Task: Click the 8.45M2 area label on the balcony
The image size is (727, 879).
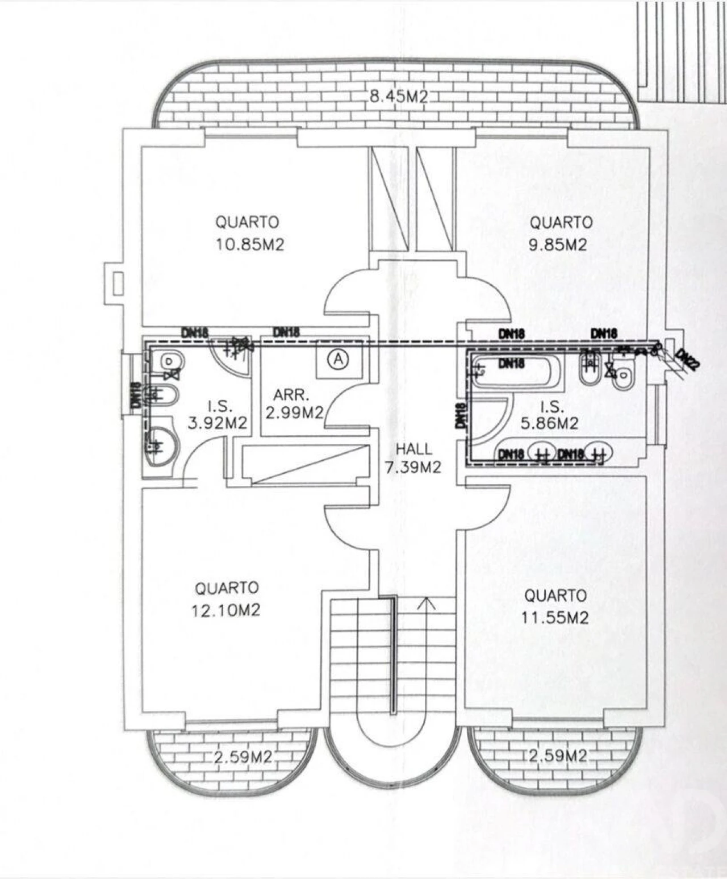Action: click(398, 97)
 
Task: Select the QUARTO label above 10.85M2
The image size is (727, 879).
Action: click(247, 222)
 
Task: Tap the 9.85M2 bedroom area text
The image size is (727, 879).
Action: click(558, 244)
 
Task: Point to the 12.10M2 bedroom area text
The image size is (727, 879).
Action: click(226, 610)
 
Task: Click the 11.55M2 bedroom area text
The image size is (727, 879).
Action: click(555, 618)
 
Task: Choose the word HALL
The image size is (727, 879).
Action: click(414, 449)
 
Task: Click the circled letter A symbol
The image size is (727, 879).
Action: click(338, 359)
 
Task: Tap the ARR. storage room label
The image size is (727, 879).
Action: click(291, 395)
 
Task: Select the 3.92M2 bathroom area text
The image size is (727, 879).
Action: click(217, 423)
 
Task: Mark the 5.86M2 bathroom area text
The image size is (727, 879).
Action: click(549, 423)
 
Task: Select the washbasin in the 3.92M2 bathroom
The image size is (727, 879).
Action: click(164, 445)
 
